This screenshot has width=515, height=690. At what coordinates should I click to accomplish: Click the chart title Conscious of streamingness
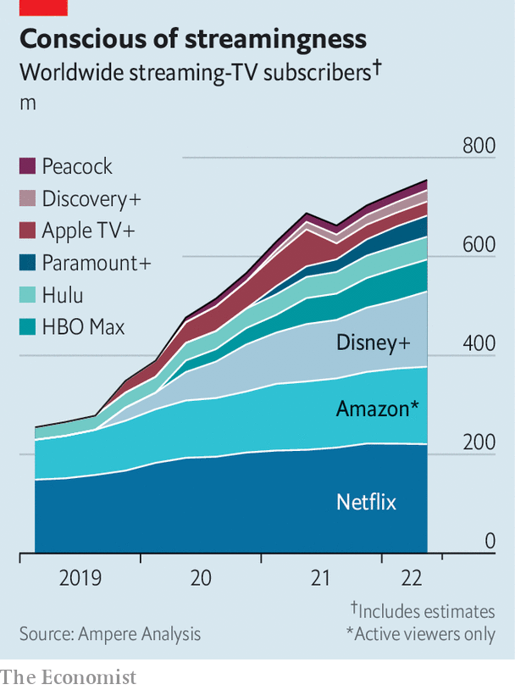click(193, 39)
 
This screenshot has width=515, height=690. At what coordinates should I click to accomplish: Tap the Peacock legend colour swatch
click(27, 166)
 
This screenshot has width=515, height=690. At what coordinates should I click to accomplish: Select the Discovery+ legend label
click(91, 198)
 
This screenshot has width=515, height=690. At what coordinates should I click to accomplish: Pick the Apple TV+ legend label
click(88, 231)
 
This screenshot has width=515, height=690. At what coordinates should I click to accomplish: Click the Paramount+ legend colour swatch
click(27, 263)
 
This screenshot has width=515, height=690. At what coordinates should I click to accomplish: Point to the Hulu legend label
click(63, 294)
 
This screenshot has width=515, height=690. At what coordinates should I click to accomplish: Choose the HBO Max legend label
click(83, 326)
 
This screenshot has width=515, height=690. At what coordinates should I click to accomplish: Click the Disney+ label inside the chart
click(373, 343)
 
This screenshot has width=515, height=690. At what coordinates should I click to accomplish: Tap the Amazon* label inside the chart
click(377, 409)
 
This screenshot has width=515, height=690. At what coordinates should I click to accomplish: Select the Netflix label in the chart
click(366, 502)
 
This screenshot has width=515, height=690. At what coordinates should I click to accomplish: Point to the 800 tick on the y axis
click(479, 146)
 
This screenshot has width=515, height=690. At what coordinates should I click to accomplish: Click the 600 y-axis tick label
click(479, 244)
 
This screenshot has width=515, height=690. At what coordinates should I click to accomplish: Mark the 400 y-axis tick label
click(479, 344)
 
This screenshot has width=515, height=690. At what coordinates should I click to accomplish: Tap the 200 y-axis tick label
click(479, 442)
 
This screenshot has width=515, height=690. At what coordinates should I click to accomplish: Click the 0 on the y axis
click(490, 541)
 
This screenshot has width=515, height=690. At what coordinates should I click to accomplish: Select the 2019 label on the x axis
click(80, 579)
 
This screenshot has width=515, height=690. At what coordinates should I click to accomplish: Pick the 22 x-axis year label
click(412, 579)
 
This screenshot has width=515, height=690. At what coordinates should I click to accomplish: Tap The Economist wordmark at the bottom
click(68, 677)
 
